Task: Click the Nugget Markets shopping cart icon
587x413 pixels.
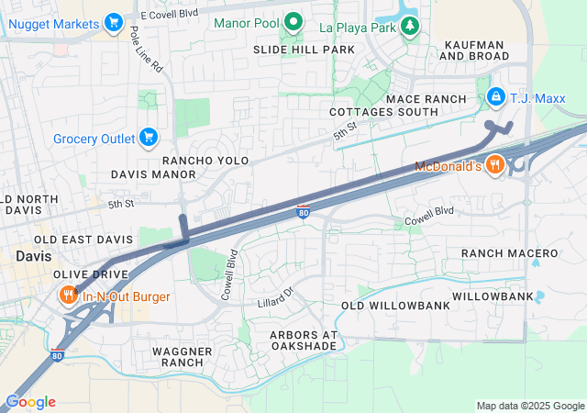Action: point(114,21)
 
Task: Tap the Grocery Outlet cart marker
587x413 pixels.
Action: point(149,139)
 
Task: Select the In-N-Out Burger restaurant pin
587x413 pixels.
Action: point(69,296)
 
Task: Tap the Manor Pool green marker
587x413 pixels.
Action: point(293,21)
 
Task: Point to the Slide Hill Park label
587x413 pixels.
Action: point(304,50)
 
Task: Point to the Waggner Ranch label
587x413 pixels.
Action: point(182,357)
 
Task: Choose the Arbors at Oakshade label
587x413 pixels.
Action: point(304,340)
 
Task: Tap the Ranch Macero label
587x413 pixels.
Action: point(509,252)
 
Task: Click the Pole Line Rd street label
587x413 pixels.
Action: point(147,50)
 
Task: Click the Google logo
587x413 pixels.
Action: point(30,402)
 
